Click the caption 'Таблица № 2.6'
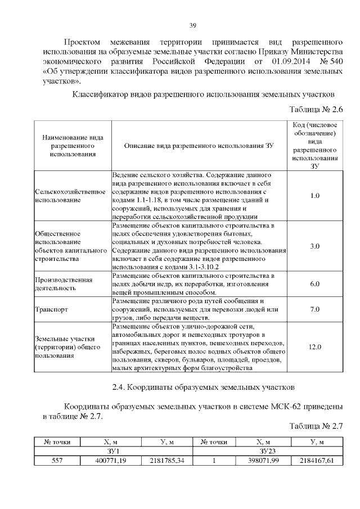[316, 109]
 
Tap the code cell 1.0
[315, 195]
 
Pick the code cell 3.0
[315, 246]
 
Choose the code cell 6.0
[315, 285]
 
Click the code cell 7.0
[315, 309]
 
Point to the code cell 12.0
[315, 346]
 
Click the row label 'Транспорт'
[52, 309]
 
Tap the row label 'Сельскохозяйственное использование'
[70, 195]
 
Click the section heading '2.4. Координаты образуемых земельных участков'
[201, 388]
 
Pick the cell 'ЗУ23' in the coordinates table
[267, 451]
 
